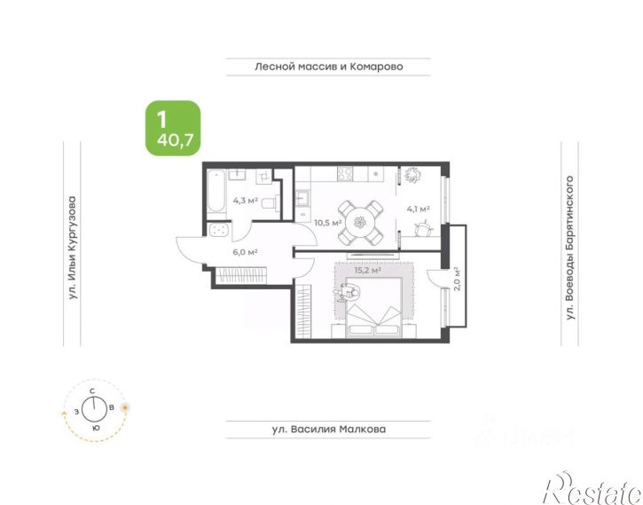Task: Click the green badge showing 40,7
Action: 173,128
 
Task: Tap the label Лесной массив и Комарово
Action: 328,67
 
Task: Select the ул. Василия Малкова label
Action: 329,430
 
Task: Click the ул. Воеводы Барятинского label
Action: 569,248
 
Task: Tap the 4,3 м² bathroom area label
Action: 245,201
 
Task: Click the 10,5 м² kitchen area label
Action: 328,223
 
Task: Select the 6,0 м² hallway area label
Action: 245,252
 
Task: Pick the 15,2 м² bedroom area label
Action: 367,271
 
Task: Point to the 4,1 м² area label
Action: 418,209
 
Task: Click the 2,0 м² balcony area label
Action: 458,279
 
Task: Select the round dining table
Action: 360,223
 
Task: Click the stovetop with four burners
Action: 344,174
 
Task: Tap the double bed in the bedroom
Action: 373,307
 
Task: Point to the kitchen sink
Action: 302,199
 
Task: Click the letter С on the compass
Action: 92,391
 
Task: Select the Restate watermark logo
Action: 592,488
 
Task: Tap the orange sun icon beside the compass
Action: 125,407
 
